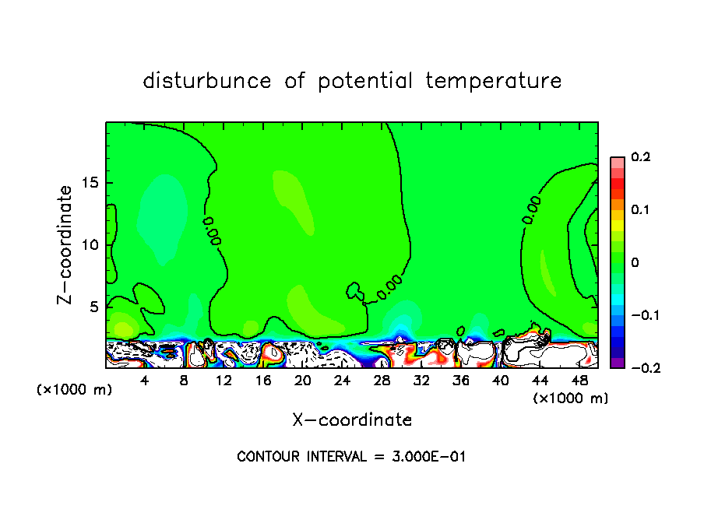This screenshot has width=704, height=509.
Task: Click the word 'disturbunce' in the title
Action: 207,81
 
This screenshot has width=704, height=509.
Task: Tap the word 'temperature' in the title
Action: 493,81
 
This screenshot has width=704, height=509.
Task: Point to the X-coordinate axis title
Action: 352,420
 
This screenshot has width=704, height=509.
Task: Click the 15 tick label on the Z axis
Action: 90,183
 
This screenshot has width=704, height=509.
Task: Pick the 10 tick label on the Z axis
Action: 90,245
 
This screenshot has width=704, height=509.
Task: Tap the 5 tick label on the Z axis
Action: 94,307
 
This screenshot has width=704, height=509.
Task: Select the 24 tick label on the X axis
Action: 342,381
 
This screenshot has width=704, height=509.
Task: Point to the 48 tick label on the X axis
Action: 579,381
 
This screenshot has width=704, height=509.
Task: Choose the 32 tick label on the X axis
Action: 421,381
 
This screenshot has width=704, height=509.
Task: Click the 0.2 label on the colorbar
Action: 640,157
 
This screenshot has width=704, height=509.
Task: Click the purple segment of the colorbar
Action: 617,363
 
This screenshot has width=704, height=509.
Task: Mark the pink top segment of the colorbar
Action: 617,161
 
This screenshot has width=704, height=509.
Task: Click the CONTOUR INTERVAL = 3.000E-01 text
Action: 351,457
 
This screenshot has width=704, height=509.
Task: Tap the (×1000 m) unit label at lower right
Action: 571,398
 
